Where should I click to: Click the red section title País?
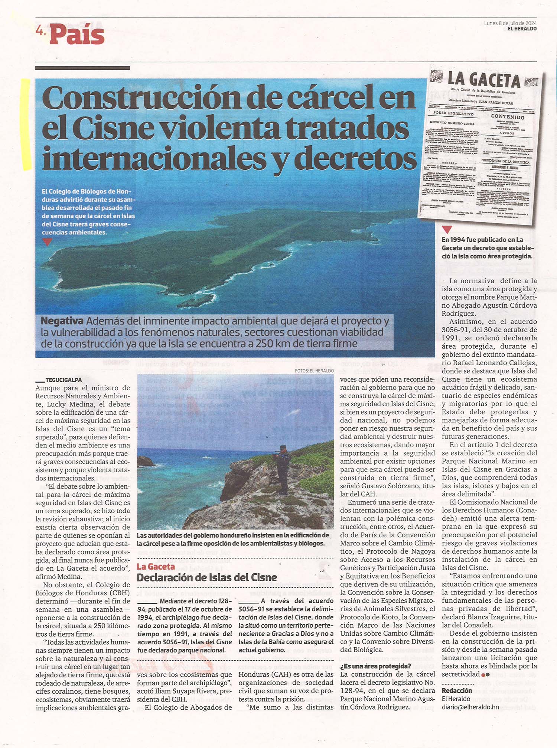pyautogui.click(x=77, y=35)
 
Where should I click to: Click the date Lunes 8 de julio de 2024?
pyautogui.click(x=510, y=23)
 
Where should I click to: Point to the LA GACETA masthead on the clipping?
pyautogui.click(x=484, y=80)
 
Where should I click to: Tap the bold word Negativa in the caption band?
pyautogui.click(x=62, y=321)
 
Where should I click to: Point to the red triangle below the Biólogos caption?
pyautogui.click(x=47, y=242)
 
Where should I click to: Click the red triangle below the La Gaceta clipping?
pyautogui.click(x=447, y=230)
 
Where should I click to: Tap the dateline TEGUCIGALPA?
pyautogui.click(x=63, y=380)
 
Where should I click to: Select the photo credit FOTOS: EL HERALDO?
pyautogui.click(x=314, y=370)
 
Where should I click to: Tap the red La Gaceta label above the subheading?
pyautogui.click(x=156, y=566)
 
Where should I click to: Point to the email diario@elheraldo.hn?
pyautogui.click(x=470, y=707)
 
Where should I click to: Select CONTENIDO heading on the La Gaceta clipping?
pyautogui.click(x=508, y=117)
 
